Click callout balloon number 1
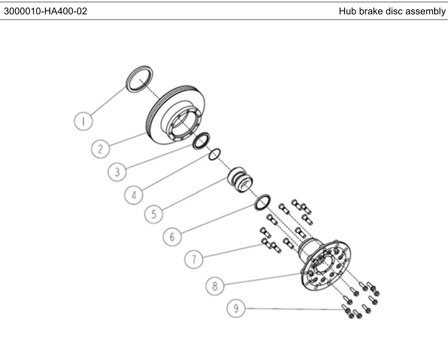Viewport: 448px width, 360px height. tap(83, 121)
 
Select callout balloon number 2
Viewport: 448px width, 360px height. tap(101, 148)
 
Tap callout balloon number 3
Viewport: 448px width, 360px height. tap(117, 172)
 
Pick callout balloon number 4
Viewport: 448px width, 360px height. tap(134, 195)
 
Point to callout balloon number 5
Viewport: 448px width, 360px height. tap(154, 214)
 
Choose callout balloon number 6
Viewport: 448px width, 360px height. tap(172, 236)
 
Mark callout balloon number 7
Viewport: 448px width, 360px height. tap(194, 259)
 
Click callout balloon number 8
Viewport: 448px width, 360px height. tap(215, 286)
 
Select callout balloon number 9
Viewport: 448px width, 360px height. tap(236, 308)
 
